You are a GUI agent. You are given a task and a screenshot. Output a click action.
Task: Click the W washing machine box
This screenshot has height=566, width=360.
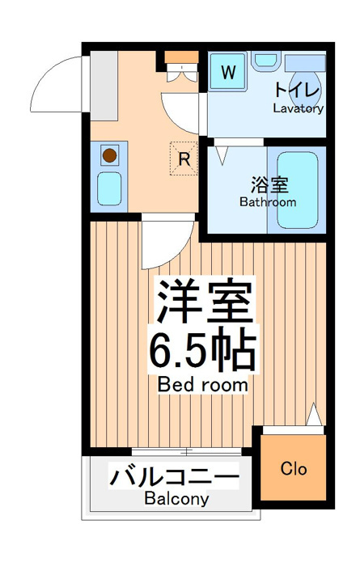(x=228, y=72)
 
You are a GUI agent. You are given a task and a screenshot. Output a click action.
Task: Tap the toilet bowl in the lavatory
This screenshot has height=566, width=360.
(x=306, y=86)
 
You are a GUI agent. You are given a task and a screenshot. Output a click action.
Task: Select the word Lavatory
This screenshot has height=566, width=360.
(x=298, y=108)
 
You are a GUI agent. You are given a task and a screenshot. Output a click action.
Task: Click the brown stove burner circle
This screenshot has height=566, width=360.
(x=109, y=155)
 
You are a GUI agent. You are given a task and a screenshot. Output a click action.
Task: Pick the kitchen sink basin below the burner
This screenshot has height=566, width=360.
(x=109, y=188)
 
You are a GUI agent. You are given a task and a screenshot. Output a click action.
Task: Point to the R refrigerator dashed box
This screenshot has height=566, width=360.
(x=184, y=158)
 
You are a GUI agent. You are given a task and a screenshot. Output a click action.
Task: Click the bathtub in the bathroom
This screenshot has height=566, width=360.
(x=298, y=190)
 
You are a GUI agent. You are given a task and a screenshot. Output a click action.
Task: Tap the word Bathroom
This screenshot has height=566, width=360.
(x=268, y=202)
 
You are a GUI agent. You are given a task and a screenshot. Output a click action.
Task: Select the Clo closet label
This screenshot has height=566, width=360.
(x=294, y=469)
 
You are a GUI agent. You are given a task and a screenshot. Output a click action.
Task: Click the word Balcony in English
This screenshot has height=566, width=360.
(x=176, y=499)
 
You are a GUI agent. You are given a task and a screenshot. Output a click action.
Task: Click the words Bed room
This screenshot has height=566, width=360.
(x=202, y=385)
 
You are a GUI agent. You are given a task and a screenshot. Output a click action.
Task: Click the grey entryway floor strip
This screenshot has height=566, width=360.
(x=104, y=86)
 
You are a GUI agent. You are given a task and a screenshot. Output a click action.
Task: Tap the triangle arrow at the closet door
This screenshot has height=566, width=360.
(x=314, y=414)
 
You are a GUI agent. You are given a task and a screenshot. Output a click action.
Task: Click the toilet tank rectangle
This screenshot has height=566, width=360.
(x=305, y=63)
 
